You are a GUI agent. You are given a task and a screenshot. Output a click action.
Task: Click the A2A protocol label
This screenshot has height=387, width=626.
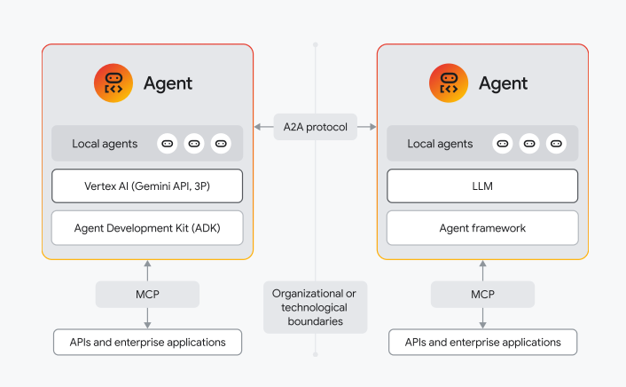point(315,126)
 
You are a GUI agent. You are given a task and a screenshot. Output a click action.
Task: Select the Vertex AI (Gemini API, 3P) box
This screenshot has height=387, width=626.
point(147,186)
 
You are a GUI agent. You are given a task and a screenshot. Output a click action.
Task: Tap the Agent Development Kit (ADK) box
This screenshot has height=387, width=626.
point(147,228)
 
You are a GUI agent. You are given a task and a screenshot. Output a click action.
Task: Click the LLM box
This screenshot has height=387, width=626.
point(482,186)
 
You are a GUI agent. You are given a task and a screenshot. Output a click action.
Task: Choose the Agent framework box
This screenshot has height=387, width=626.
point(482,228)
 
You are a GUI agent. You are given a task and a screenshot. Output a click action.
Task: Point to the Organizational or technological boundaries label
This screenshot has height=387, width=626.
point(315,307)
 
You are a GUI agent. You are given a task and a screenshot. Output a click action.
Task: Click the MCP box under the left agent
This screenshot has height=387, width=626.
point(147,294)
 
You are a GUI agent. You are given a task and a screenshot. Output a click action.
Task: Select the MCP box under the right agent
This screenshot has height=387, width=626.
point(482,294)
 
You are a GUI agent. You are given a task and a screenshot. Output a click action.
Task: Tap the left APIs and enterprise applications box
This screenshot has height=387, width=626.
point(147,342)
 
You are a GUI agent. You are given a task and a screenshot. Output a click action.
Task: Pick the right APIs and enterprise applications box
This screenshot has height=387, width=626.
point(482,342)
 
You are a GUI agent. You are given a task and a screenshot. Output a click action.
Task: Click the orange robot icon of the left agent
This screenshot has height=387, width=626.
point(113,83)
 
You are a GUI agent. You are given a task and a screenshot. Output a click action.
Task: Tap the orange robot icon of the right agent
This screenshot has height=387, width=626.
point(449,83)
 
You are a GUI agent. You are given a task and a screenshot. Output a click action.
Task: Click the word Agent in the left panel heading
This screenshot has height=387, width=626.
point(168,84)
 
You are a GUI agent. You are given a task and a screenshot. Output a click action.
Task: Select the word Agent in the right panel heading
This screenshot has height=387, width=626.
point(503,84)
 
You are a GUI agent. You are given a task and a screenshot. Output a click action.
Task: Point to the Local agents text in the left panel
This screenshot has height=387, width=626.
point(105,144)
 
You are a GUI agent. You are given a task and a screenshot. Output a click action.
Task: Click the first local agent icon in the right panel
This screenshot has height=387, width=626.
point(503,144)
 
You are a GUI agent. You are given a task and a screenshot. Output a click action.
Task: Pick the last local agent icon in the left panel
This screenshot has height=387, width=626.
point(221,144)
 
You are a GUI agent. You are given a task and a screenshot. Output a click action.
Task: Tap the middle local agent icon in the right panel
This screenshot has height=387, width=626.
point(529,144)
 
